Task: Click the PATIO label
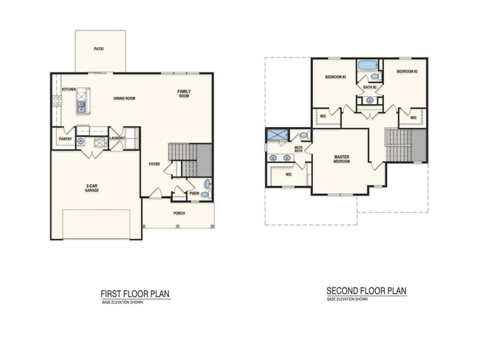click(x=98, y=49)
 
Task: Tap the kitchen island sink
click(x=80, y=106)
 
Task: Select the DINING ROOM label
click(x=124, y=98)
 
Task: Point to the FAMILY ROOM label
click(x=183, y=94)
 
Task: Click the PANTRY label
click(x=64, y=138)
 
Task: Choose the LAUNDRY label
click(x=116, y=137)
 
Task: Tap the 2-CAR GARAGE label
click(x=92, y=188)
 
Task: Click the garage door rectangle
click(x=96, y=224)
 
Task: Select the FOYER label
click(x=154, y=164)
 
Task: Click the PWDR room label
click(x=194, y=194)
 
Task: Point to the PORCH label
click(x=179, y=213)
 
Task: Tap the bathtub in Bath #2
click(x=366, y=67)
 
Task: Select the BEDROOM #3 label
click(x=335, y=77)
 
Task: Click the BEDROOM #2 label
click(x=407, y=72)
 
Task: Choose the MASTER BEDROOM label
click(x=342, y=159)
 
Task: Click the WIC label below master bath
click(x=289, y=175)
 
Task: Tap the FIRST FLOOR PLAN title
click(x=135, y=293)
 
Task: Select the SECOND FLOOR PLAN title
click(x=367, y=291)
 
